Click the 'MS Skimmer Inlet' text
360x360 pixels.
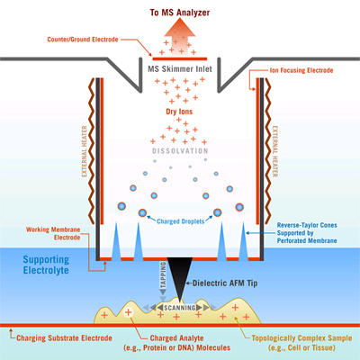[x=180, y=67]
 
